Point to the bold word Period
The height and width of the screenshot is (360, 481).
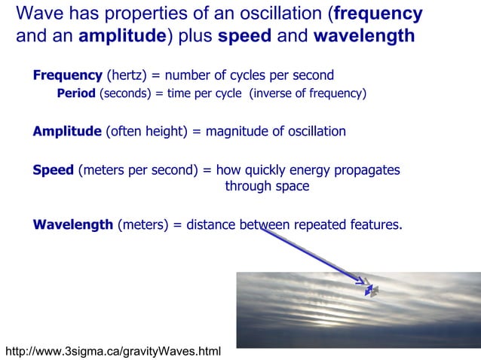[x=76, y=93]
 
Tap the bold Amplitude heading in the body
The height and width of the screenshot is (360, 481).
[x=67, y=131]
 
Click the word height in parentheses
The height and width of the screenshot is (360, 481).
[x=166, y=131]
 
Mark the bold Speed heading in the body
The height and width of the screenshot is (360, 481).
[x=54, y=170]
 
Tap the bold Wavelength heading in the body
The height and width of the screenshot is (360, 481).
[x=73, y=224]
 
